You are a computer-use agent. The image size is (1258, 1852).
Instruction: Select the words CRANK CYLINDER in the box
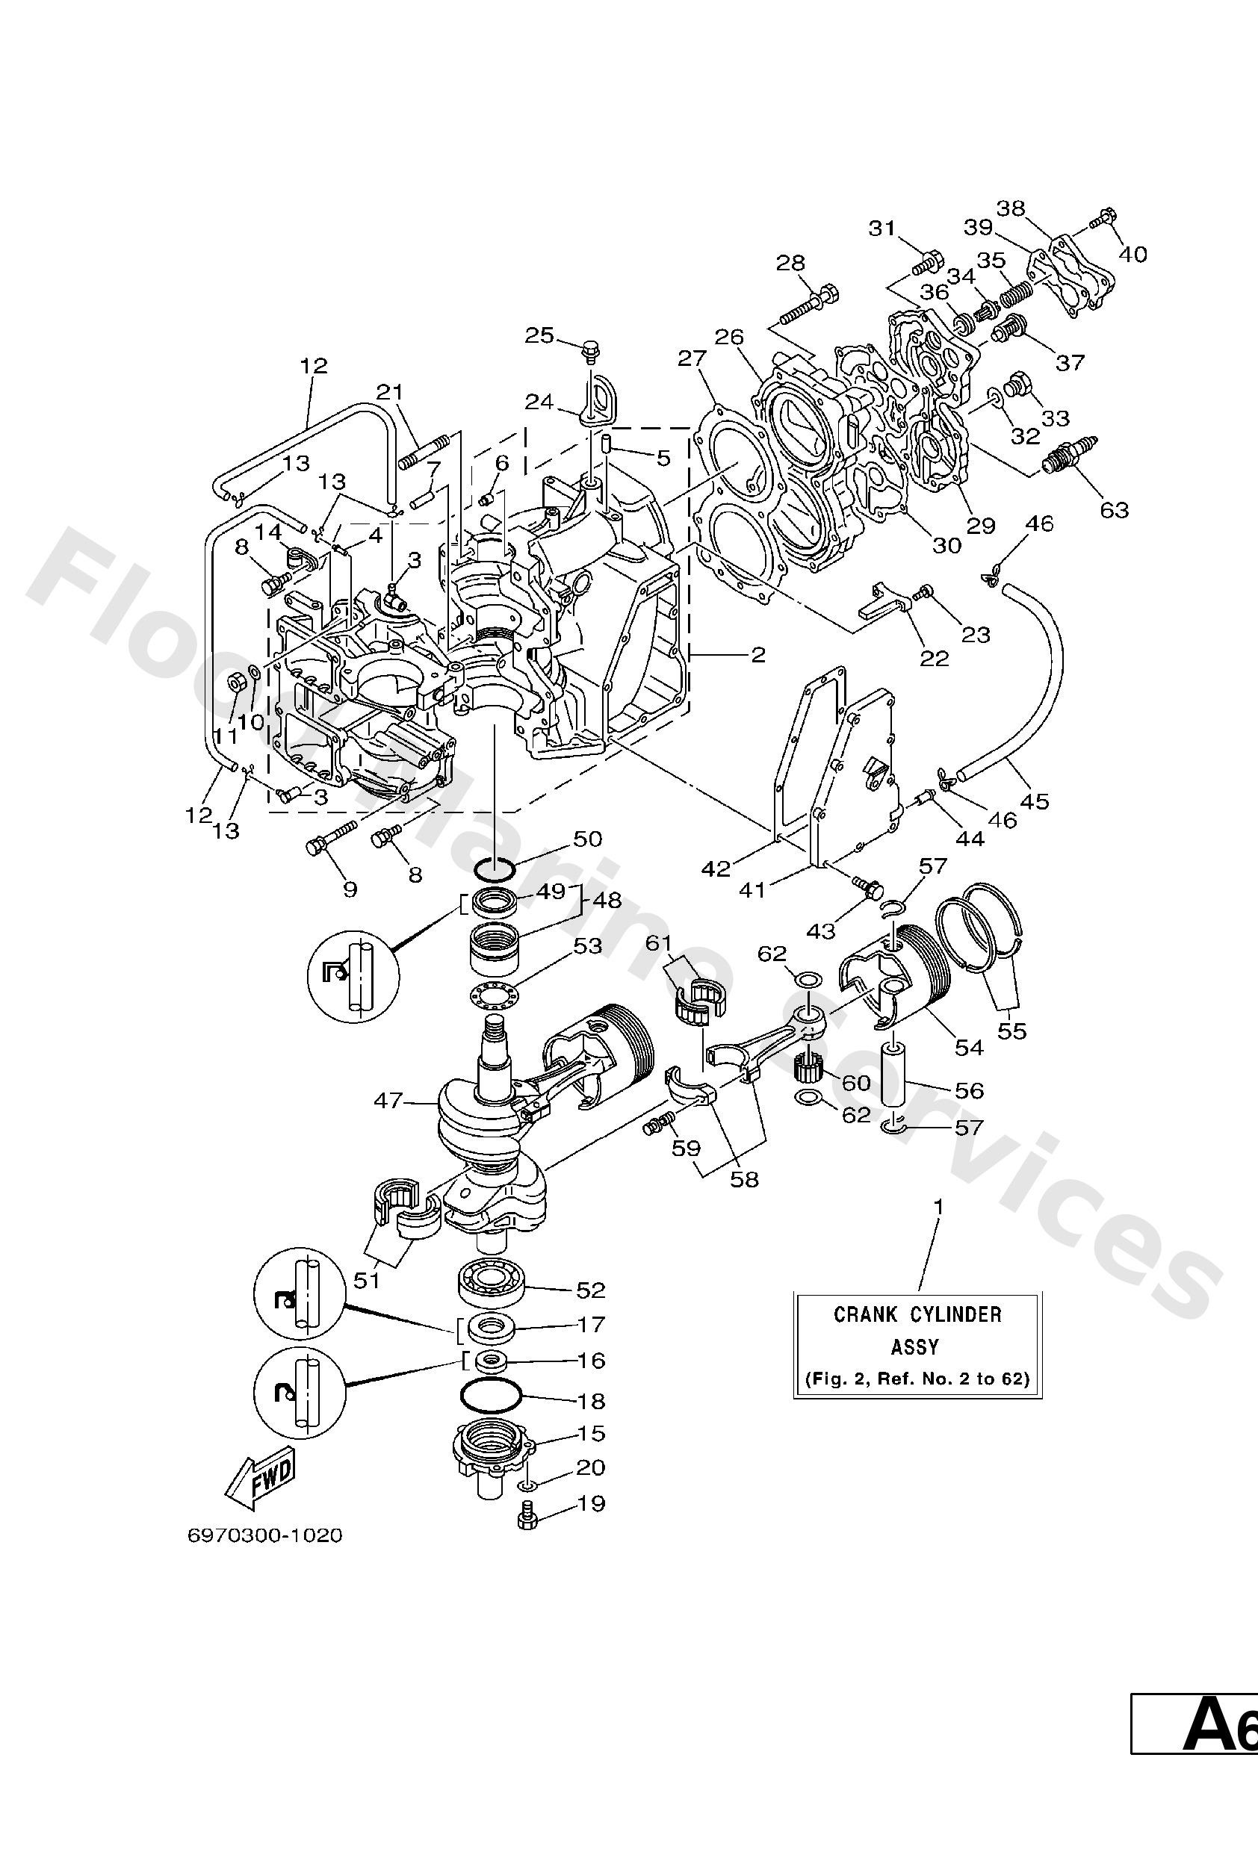point(917,1315)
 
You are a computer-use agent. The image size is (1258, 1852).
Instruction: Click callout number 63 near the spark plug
point(1114,509)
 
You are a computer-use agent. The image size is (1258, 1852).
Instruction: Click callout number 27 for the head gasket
point(692,358)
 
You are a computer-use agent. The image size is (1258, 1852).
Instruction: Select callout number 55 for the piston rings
point(1011,1031)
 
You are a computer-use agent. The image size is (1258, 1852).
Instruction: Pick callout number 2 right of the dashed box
point(757,655)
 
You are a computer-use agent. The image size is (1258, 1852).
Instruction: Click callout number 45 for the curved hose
point(1035,801)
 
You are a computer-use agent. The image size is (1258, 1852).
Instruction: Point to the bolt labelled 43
point(867,885)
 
